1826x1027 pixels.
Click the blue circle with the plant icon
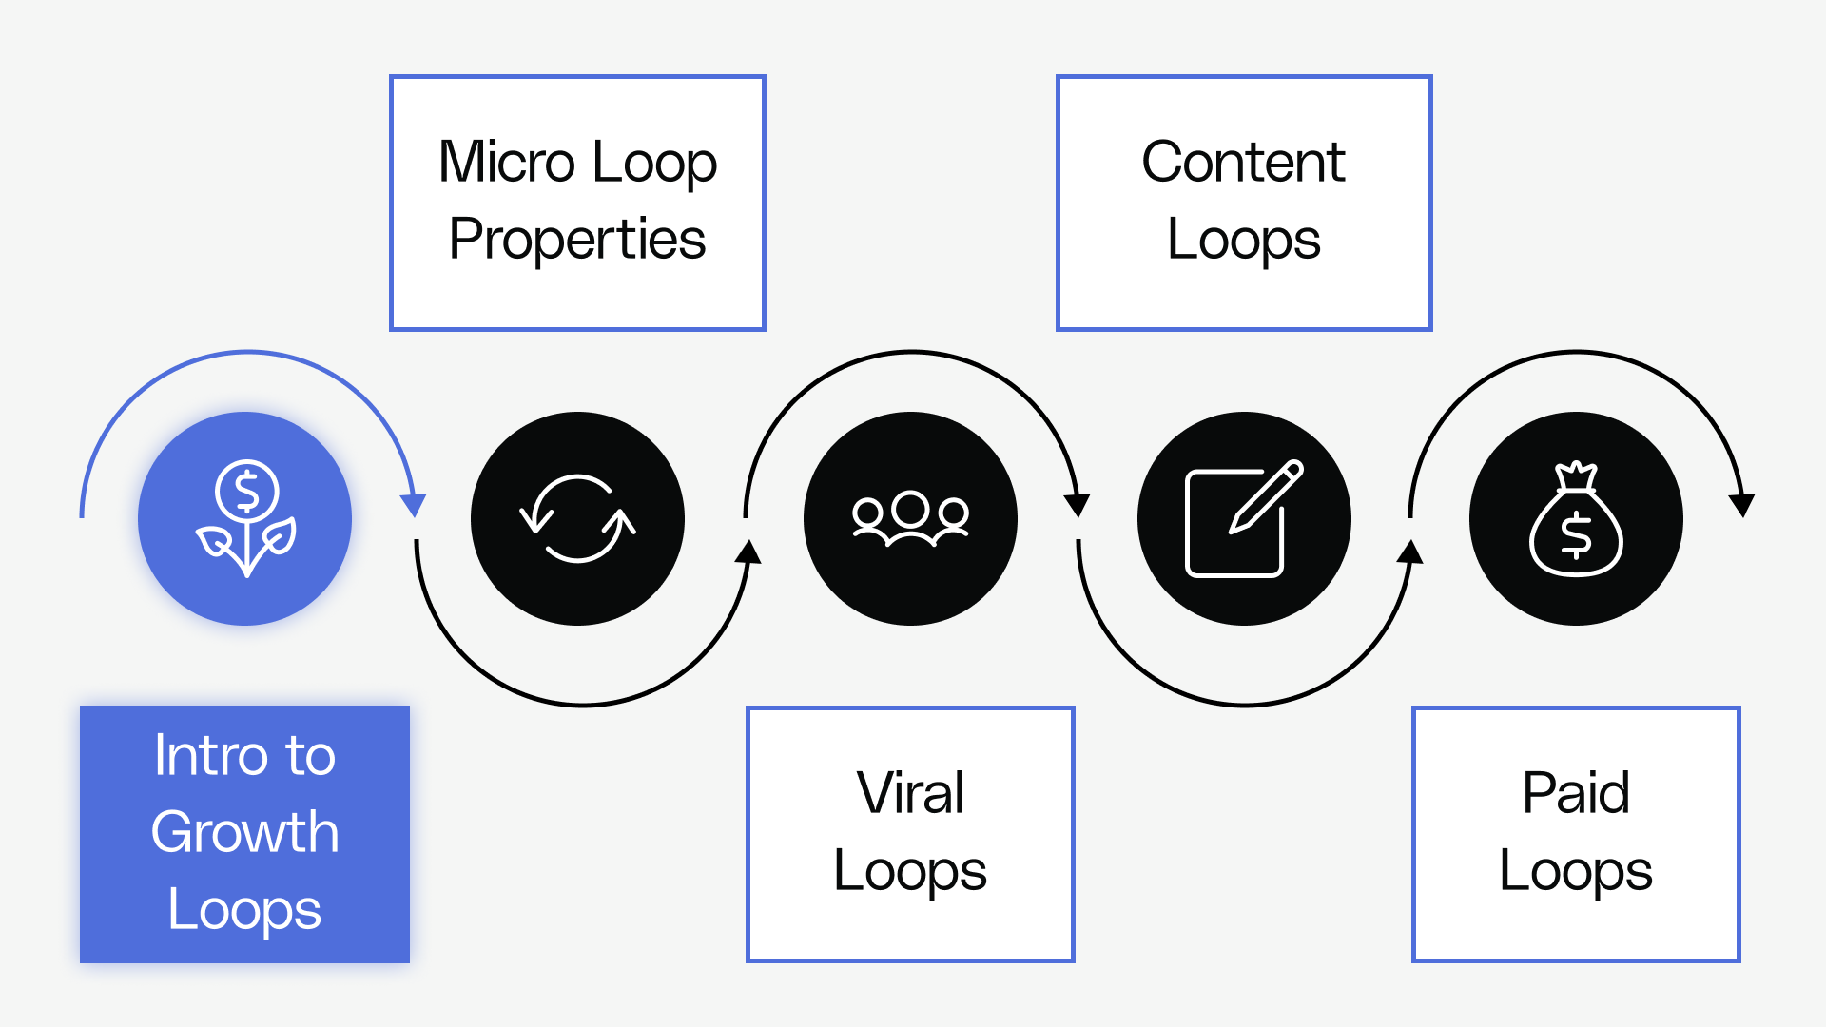245,519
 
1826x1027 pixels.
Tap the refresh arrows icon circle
577,519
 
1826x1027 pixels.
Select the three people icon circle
910,519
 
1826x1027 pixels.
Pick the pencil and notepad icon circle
1244,519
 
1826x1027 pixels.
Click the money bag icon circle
1576,519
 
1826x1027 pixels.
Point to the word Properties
577,239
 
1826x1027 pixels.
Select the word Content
1243,162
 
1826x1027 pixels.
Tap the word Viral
910,792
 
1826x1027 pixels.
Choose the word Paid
1576,792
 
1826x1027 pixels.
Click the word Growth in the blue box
244,833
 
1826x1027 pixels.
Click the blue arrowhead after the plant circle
413,505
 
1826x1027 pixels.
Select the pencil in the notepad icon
1267,495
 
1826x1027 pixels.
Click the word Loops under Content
1243,239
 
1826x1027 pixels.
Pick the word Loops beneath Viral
910,871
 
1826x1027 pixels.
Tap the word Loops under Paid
1576,871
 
